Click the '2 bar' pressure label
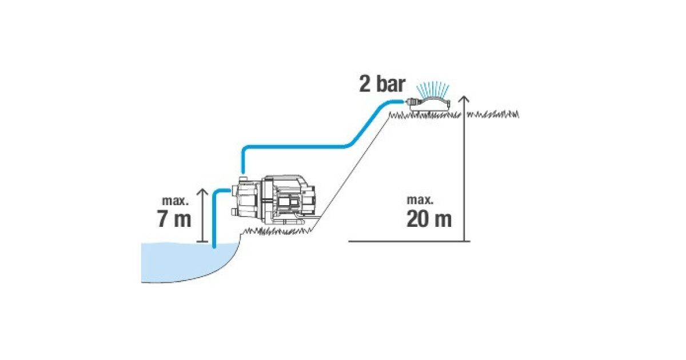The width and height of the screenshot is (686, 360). tap(382, 84)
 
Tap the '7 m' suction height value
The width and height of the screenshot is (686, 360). tap(174, 218)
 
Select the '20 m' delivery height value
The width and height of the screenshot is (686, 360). tap(429, 219)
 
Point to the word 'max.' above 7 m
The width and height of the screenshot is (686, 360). tap(176, 201)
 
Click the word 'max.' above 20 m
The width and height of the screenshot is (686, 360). tap(420, 200)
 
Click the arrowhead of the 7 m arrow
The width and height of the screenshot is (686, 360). tap(202, 192)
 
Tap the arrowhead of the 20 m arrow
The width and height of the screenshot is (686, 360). tap(464, 99)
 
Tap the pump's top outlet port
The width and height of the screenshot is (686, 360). tap(242, 178)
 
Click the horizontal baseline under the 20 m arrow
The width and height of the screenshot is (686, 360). tap(409, 241)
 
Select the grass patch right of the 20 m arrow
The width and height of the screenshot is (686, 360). tap(492, 114)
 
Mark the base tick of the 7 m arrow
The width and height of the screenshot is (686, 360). tap(202, 242)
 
